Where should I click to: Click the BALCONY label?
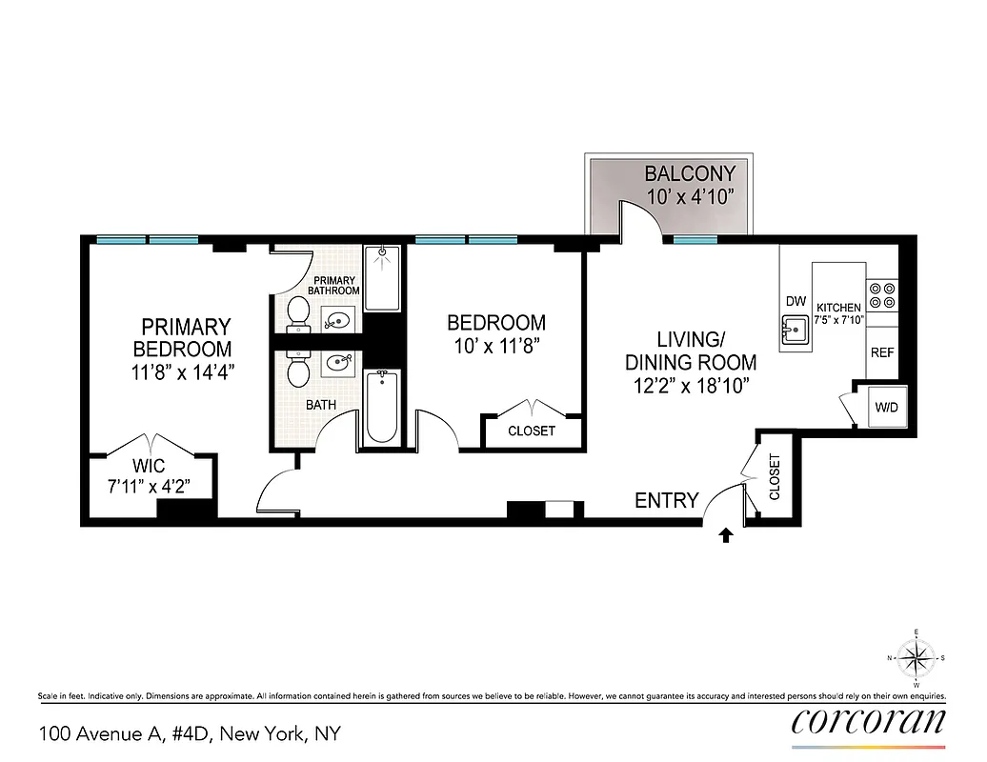(x=691, y=173)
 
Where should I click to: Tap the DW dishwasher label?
(x=796, y=302)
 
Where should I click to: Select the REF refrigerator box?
(x=882, y=352)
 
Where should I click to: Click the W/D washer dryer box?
(x=886, y=408)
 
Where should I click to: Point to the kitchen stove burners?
(x=882, y=294)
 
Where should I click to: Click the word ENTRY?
(x=667, y=501)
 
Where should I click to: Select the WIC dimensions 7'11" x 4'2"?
(x=149, y=487)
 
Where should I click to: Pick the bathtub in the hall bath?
(x=381, y=407)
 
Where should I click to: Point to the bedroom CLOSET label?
(x=532, y=431)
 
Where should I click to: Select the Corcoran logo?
(x=869, y=721)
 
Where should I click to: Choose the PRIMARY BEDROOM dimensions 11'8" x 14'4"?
(x=182, y=371)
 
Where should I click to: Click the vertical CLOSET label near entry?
(x=774, y=476)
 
